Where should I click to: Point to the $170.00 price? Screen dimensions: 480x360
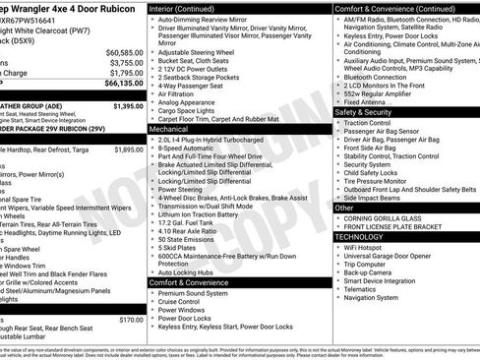[x=130, y=320]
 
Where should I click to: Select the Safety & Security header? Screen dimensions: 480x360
[x=362, y=112]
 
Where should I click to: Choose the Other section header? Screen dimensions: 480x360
[x=344, y=208]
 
